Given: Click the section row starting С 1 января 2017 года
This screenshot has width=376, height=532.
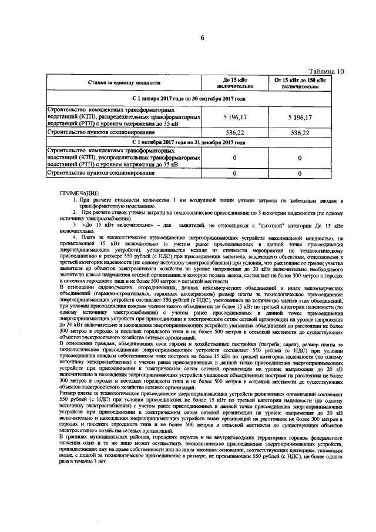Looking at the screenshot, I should tap(189, 99).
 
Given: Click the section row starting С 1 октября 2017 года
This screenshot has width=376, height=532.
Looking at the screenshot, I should tap(189, 142).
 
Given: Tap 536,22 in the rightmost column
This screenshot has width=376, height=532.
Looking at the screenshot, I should tap(300, 133).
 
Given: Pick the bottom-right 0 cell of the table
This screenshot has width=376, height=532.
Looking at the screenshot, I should tap(300, 174).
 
